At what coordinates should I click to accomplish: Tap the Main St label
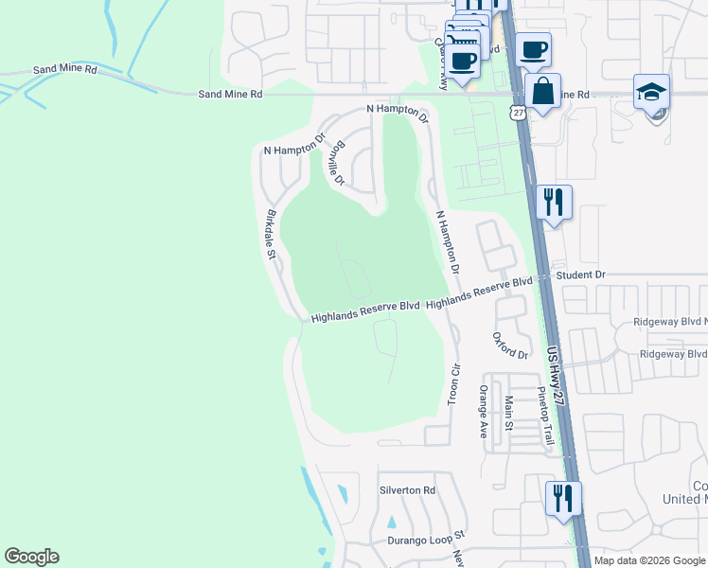pos(508,414)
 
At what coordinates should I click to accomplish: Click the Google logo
pos(31,557)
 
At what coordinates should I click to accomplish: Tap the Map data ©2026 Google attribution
pos(648,560)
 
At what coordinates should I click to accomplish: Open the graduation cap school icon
pos(651,93)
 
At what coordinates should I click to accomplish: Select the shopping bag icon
pos(542,92)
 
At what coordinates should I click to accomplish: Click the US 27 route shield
pos(517,113)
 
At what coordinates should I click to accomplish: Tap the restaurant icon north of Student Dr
pos(554,202)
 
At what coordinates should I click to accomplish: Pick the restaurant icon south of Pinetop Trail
pos(563,498)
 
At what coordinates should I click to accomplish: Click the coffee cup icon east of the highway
pos(533,49)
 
